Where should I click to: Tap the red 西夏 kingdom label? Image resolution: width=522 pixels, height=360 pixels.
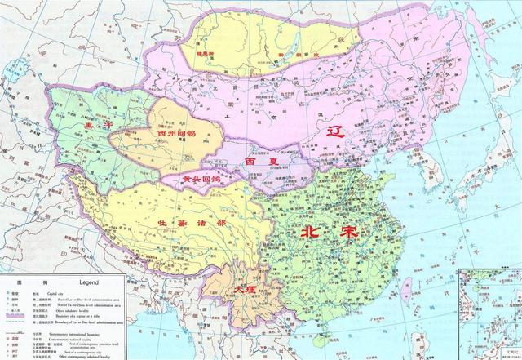tap(258, 162)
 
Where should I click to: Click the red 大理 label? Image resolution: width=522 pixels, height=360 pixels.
tap(244, 290)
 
